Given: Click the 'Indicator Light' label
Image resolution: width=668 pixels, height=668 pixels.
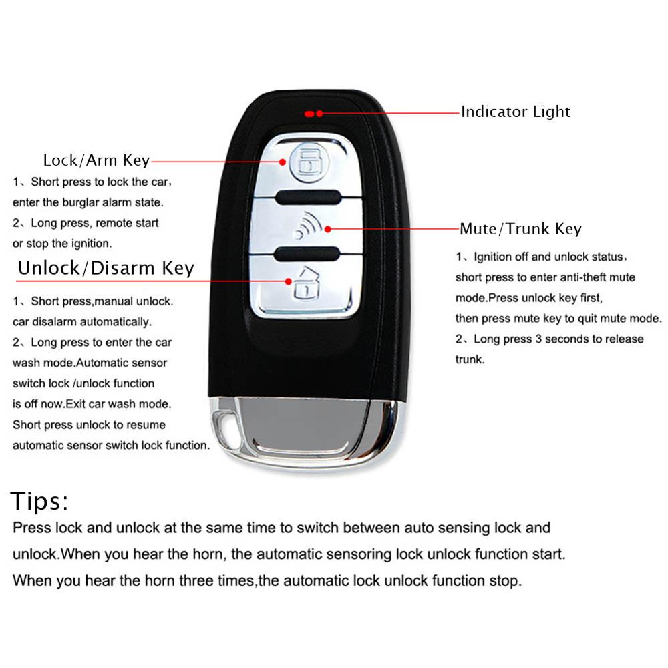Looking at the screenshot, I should tap(515, 112).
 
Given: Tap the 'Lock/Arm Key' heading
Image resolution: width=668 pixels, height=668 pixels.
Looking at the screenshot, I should tap(96, 160).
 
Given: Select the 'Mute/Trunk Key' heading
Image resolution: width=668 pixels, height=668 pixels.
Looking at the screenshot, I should tap(520, 229).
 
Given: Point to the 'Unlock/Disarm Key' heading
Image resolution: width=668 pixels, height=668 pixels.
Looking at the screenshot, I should tap(106, 269).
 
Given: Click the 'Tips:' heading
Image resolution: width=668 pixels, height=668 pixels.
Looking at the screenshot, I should tap(39, 501).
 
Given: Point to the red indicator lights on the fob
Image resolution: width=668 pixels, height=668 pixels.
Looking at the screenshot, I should tap(313, 113).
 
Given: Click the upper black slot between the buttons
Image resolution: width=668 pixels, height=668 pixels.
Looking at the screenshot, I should tap(308, 196).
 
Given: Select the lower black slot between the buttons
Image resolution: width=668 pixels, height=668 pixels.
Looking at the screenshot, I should tap(308, 253).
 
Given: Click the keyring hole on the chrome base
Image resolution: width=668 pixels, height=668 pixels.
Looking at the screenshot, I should tap(225, 424).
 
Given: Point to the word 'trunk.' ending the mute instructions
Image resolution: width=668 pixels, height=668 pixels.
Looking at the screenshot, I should tap(470, 359).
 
